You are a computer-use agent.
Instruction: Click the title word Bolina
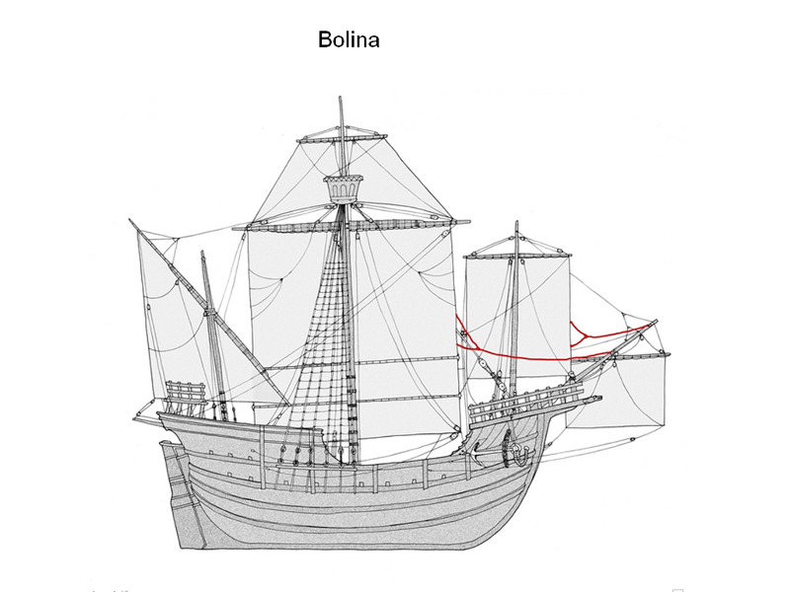click(x=349, y=40)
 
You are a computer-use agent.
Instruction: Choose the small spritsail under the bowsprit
click(x=632, y=390)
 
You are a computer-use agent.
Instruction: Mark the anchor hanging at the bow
click(x=514, y=452)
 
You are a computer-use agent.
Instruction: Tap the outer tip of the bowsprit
click(x=655, y=322)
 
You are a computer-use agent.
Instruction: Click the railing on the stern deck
click(x=186, y=397)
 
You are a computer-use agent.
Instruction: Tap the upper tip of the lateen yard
click(x=130, y=220)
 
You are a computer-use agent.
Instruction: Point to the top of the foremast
click(x=516, y=225)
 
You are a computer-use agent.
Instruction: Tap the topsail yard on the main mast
click(x=341, y=139)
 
